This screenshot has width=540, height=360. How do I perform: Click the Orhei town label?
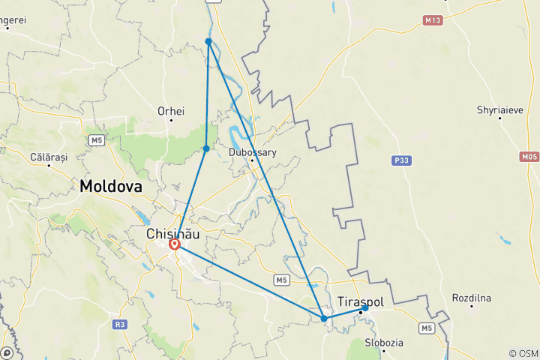[x=171, y=111]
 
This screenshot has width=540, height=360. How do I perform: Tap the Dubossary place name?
[x=253, y=152]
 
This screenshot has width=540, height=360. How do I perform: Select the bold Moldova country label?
[x=111, y=186]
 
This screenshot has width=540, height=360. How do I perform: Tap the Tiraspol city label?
[x=361, y=301]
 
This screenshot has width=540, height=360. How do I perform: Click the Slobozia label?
[x=383, y=343]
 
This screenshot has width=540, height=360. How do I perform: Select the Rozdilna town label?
[x=471, y=298]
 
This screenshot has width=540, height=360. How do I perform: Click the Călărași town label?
[x=49, y=157]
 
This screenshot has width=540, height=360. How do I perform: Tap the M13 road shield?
[x=432, y=20]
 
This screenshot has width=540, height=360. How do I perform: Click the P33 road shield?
[x=401, y=160]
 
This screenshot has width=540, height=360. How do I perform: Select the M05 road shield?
[x=529, y=157]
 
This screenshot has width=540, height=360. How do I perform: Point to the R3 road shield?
[x=119, y=325]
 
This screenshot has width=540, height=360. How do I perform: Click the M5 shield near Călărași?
[x=96, y=140]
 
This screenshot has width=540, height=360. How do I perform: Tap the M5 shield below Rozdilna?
[x=427, y=328]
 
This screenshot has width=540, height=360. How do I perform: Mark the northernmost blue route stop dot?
[x=208, y=40]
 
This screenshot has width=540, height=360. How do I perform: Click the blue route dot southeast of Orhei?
[x=206, y=148]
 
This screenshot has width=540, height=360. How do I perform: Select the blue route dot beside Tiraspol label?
[x=365, y=308]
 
